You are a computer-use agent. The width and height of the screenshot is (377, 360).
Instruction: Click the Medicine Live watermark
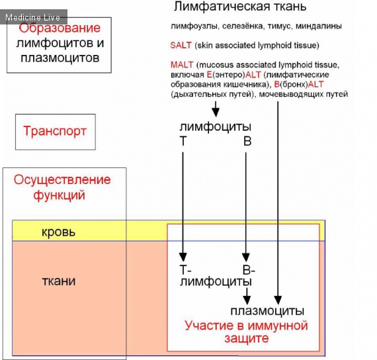point(32,17)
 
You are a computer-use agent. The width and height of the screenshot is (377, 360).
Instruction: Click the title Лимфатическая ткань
point(240,7)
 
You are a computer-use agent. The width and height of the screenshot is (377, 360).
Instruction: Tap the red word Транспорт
point(55,131)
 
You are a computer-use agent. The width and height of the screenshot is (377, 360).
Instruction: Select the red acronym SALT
point(181,45)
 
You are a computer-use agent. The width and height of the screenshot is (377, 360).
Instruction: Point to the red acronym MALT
point(182,65)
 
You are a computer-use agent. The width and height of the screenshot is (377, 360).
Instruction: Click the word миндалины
point(319,26)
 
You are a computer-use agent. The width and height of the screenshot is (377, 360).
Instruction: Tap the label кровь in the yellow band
point(58,232)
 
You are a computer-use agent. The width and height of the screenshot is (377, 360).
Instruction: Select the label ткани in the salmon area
point(59,281)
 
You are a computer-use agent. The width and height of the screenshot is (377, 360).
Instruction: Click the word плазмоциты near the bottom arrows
point(267,310)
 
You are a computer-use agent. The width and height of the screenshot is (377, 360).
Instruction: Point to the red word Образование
point(60,28)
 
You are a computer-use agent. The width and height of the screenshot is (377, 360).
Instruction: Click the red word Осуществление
point(62,180)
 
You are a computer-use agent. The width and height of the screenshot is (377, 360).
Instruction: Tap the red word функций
point(59,195)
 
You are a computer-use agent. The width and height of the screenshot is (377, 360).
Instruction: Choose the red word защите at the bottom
point(247,338)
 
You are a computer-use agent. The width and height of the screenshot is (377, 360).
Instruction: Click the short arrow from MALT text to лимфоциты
point(216,109)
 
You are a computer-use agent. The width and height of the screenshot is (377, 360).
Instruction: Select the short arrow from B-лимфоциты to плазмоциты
point(247,296)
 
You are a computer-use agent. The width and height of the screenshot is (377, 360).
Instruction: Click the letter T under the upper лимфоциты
point(183,141)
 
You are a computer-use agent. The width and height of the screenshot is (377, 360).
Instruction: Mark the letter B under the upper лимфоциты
point(247,141)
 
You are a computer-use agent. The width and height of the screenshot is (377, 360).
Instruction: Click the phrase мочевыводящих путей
point(304,94)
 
